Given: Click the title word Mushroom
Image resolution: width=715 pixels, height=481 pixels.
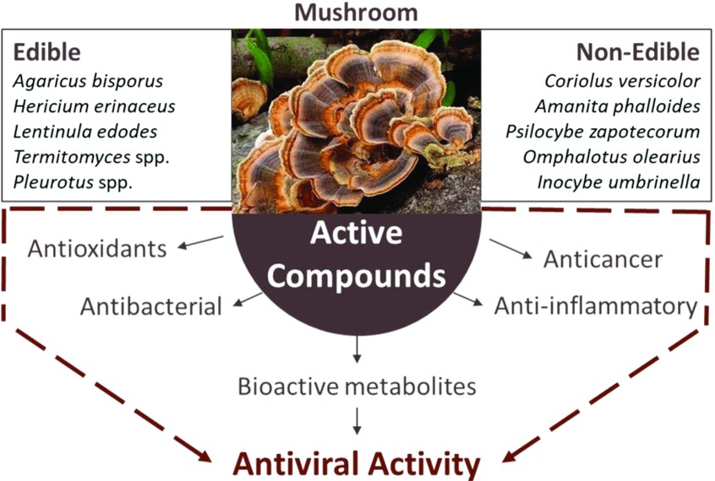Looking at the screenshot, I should [356, 13].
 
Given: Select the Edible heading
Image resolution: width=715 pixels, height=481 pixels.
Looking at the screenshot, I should [46, 52].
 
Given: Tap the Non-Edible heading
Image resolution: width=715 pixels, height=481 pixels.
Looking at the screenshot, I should [638, 52].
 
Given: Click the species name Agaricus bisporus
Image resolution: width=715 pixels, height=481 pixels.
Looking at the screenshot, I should [88, 82].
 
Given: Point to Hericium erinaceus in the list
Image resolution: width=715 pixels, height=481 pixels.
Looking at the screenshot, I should [94, 106].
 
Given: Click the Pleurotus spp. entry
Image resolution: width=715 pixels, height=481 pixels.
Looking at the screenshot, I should [73, 181].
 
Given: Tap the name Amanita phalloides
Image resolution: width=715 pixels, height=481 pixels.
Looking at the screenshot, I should [617, 106].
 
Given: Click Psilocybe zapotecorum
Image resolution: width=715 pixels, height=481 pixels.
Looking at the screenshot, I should [603, 132].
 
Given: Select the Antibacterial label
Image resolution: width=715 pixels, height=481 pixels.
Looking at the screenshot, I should [150, 305].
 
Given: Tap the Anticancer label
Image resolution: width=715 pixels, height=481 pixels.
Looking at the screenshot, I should [603, 259].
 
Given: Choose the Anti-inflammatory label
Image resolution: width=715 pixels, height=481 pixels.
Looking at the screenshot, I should [595, 305].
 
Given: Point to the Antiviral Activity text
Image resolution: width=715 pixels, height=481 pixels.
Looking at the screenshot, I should [357, 462].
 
